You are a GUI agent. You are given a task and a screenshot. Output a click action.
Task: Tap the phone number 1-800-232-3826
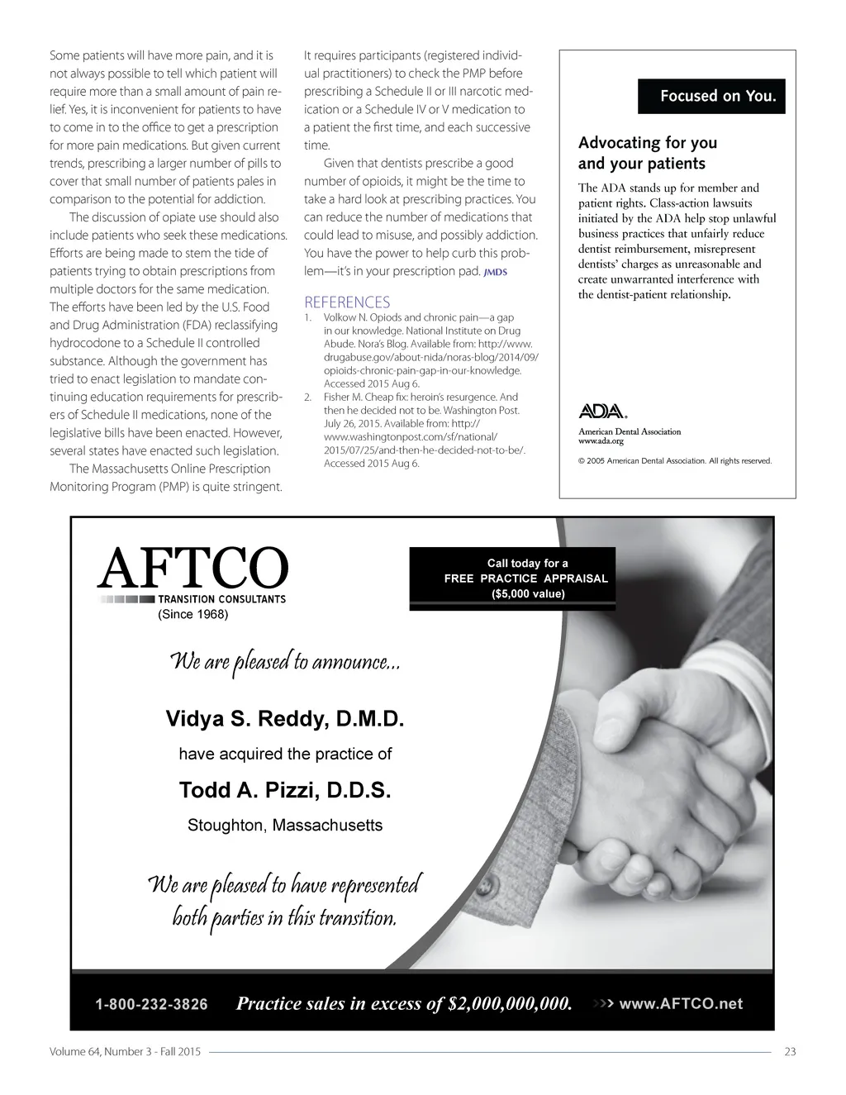[x=152, y=1005]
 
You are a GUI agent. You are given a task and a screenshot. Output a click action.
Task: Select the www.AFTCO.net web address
[x=681, y=1004]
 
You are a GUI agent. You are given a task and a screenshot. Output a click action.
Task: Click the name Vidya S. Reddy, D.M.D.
[x=285, y=718]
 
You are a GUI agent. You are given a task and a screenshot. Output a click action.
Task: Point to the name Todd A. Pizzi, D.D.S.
[x=285, y=791]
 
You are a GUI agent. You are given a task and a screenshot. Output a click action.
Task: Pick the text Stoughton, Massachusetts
[x=285, y=826]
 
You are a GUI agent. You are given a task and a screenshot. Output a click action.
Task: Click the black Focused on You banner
[x=712, y=96]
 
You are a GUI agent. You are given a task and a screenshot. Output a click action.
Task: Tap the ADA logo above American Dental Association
[x=602, y=412]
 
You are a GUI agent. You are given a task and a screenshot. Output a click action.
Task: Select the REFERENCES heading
[x=347, y=302]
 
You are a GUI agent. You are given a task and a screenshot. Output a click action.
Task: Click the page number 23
[x=790, y=1052]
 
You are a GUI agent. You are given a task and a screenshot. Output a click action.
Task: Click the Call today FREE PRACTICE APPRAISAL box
[x=525, y=578]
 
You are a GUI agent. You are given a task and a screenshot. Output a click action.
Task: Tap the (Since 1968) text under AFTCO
[x=192, y=614]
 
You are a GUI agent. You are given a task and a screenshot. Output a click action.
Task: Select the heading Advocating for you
[x=648, y=143]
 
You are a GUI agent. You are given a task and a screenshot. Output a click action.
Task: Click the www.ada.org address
[x=601, y=441]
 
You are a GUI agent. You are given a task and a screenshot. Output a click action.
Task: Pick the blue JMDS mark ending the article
[x=495, y=272]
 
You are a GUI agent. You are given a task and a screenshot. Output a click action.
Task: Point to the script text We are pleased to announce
[x=285, y=663]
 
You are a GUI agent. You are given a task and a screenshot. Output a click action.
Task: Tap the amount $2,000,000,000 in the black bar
[x=509, y=1005]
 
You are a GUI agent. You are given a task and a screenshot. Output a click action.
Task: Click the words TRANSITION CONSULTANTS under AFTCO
[x=222, y=599]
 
